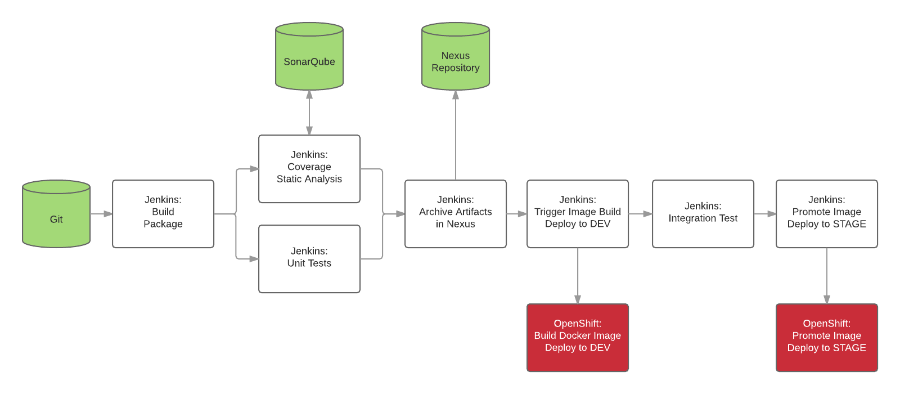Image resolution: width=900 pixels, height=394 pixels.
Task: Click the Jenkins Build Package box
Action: [163, 214]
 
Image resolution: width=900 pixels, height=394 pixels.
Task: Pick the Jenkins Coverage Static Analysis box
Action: [309, 169]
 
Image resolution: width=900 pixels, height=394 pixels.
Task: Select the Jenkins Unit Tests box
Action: [309, 259]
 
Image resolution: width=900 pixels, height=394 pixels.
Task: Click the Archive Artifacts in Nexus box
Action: [456, 214]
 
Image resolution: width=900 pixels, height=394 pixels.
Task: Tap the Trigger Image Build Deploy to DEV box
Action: [578, 214]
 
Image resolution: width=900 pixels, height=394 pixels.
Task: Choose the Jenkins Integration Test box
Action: [703, 214]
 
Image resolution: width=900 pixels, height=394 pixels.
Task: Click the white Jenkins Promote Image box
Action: [827, 214]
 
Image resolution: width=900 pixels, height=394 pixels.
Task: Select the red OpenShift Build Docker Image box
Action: [578, 338]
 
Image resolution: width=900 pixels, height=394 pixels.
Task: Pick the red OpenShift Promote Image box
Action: [827, 338]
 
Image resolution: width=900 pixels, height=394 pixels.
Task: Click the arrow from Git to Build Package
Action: [101, 214]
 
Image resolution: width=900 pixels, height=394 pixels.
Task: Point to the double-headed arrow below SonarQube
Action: [309, 113]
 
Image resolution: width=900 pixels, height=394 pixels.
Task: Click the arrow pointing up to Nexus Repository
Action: [456, 135]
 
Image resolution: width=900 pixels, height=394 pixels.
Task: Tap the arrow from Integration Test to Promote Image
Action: [765, 214]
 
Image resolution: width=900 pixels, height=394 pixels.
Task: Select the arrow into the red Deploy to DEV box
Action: [578, 276]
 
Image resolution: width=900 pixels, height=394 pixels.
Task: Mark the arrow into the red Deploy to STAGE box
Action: [827, 276]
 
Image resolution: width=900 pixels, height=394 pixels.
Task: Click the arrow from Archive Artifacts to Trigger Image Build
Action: [516, 214]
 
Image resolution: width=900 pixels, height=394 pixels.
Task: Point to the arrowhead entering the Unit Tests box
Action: [254, 259]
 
